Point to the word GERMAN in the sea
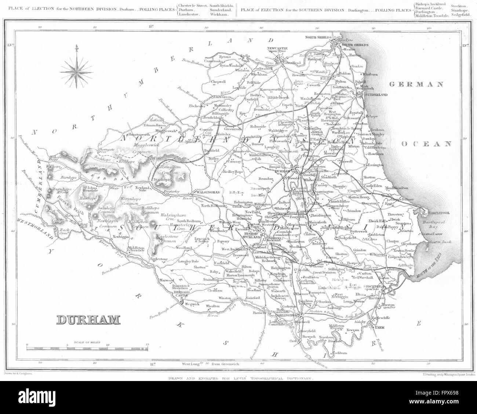(416, 85)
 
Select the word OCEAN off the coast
(426, 144)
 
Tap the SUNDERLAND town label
(375, 95)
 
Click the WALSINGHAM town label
(208, 192)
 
